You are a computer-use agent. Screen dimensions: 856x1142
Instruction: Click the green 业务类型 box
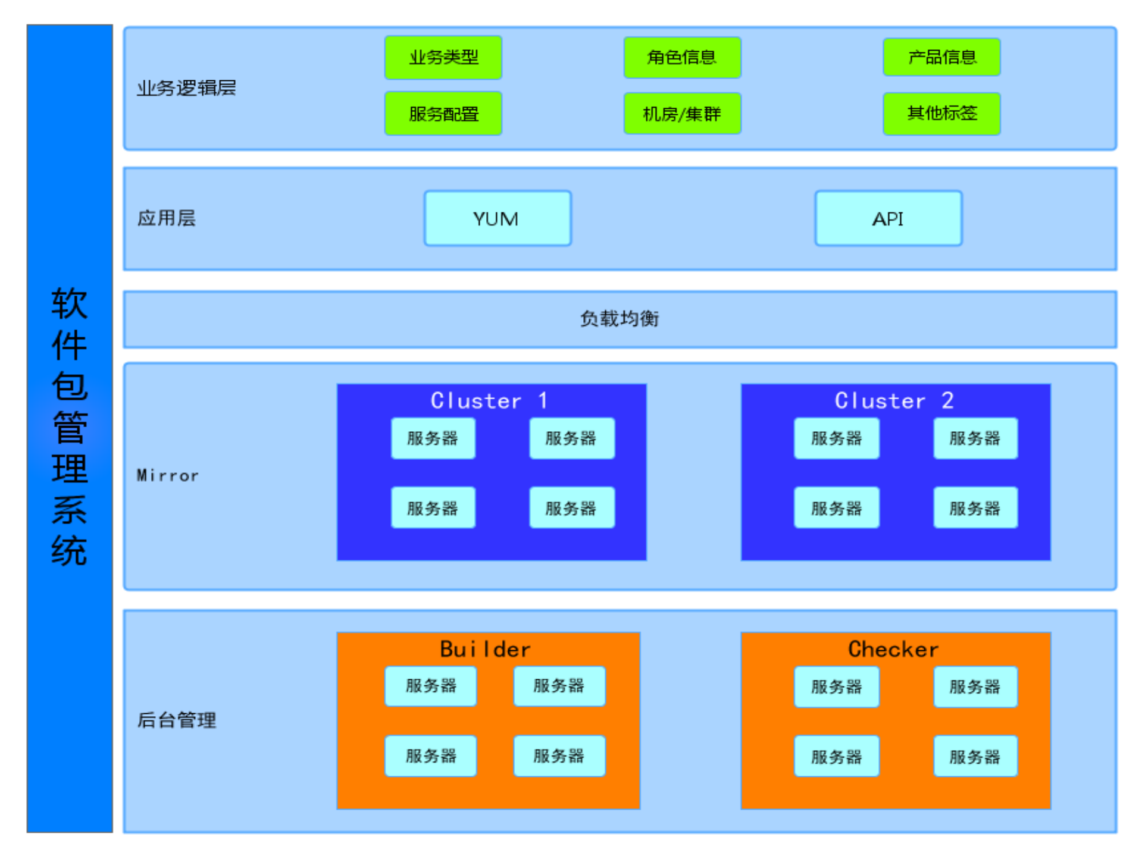443,57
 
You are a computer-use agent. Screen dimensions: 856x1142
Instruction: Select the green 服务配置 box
443,113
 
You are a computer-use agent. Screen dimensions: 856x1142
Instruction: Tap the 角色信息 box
682,57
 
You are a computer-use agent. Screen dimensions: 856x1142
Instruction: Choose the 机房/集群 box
682,113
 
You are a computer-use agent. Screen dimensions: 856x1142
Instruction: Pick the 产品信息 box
941,57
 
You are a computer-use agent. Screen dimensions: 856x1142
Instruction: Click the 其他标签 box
941,113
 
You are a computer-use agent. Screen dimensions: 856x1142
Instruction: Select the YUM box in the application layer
497,218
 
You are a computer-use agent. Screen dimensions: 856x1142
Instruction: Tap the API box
888,218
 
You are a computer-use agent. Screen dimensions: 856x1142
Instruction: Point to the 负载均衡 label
620,319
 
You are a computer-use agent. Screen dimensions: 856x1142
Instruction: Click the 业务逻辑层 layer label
186,88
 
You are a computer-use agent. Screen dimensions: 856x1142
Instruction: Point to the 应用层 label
167,218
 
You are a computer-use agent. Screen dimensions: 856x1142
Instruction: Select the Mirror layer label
168,475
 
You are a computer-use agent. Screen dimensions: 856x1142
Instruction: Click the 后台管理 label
177,720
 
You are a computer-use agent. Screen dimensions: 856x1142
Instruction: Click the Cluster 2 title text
894,400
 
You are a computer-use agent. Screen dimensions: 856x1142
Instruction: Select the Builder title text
485,649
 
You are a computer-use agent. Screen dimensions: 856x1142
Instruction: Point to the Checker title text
893,649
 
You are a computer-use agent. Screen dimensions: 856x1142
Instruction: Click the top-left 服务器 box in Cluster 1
433,438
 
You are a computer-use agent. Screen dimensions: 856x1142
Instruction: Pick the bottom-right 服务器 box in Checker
975,757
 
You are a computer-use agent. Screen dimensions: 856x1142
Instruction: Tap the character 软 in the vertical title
69,303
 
